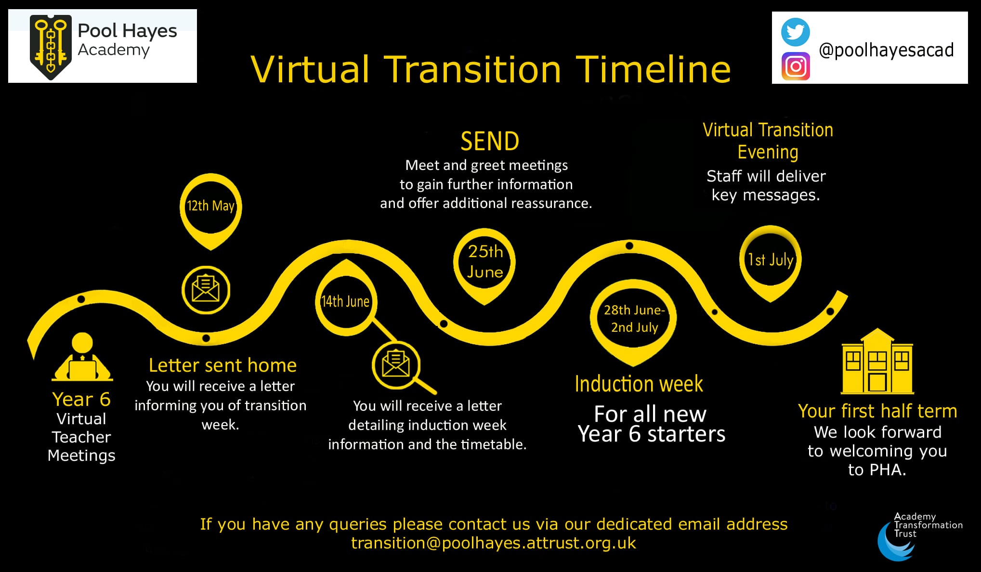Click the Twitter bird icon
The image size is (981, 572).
point(795,32)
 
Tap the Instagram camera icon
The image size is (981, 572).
point(796,66)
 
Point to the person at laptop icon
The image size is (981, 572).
point(82,357)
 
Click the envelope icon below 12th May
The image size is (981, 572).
point(206,290)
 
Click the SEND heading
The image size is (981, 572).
point(490,142)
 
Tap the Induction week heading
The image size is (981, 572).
point(639,384)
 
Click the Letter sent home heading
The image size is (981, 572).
point(222,365)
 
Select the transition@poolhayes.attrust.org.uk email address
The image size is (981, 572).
point(494,543)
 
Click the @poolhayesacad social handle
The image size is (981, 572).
point(886,50)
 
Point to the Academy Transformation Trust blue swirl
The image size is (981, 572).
point(896,542)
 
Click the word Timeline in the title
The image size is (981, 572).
point(653,69)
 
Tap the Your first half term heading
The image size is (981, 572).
point(877,411)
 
